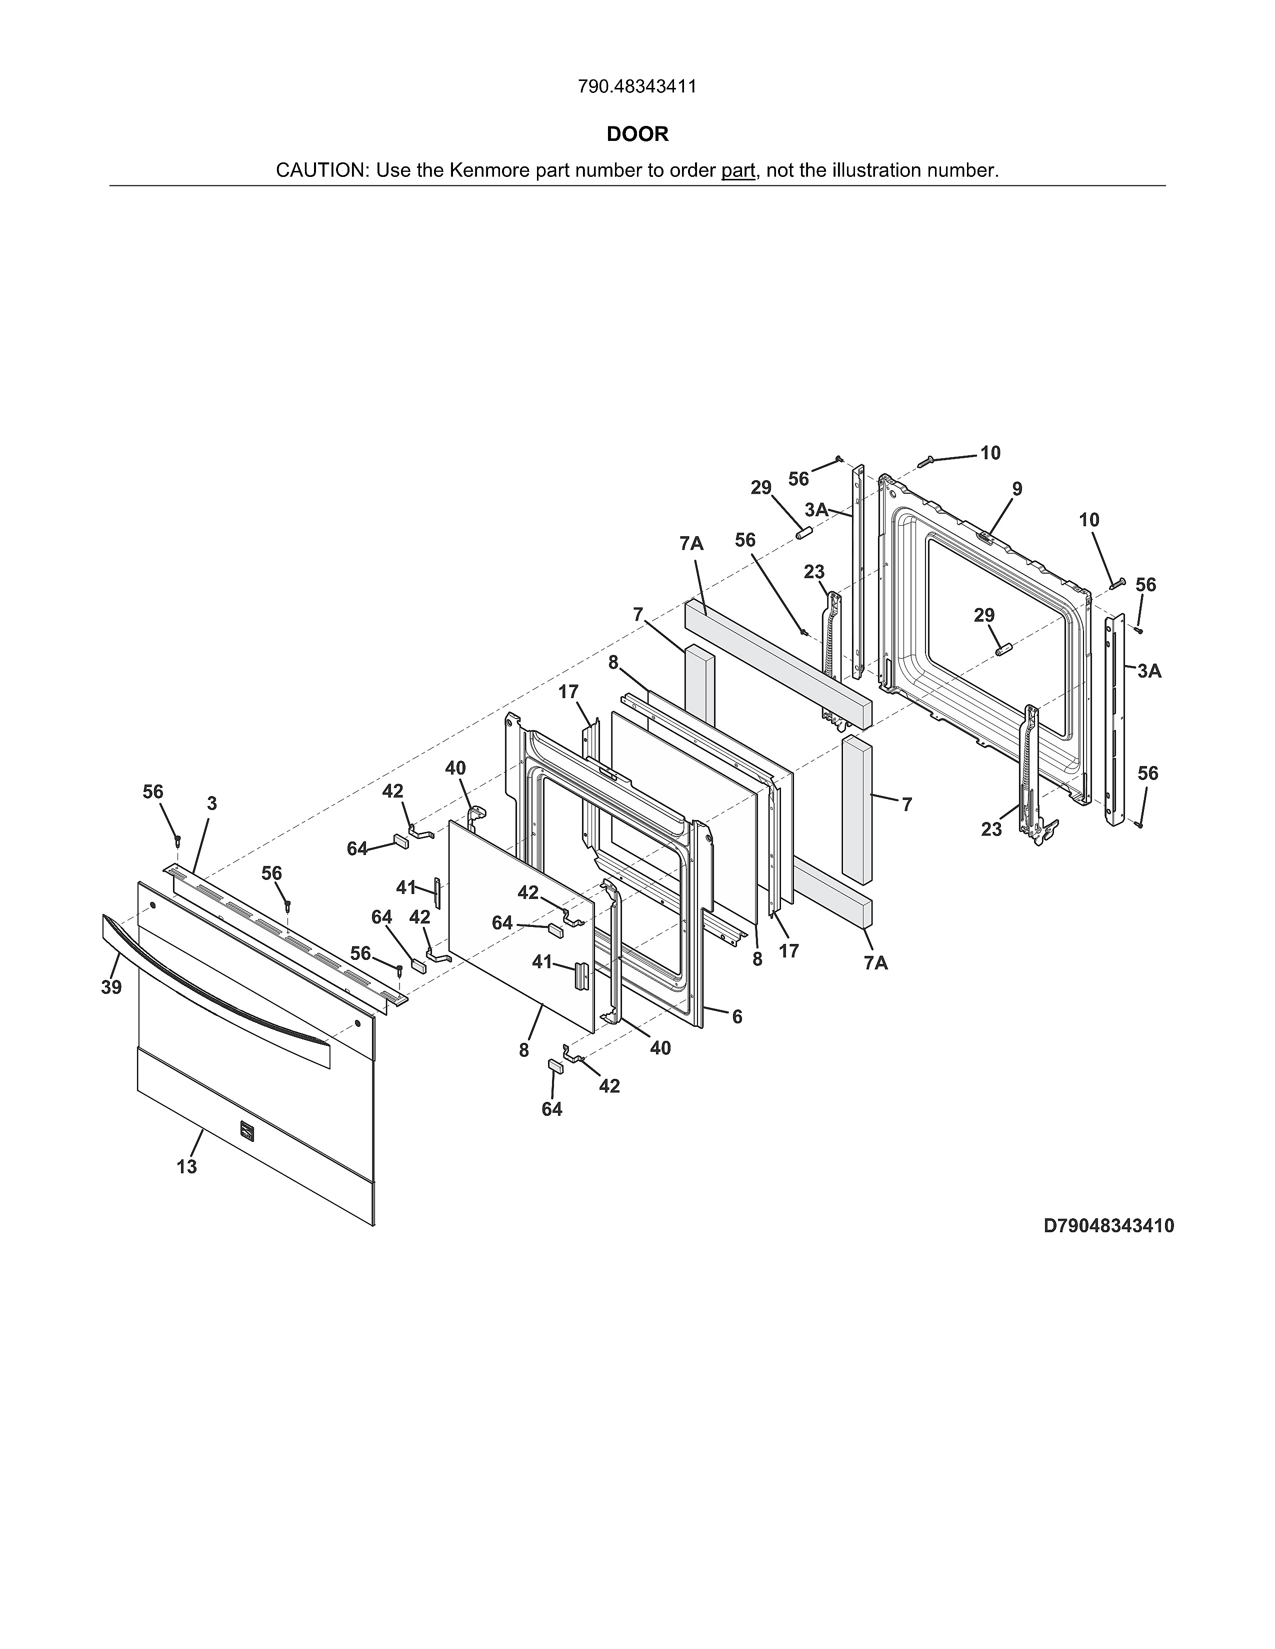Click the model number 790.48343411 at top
coord(636,87)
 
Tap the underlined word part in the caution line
coord(738,170)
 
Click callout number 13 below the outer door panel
coord(186,1166)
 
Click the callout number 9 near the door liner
coord(1017,489)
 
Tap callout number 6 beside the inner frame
coord(737,1017)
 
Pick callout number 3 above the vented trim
coord(211,804)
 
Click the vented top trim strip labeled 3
coord(287,932)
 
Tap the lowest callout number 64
coord(552,1109)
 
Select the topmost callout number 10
coord(990,453)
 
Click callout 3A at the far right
coord(1149,671)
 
